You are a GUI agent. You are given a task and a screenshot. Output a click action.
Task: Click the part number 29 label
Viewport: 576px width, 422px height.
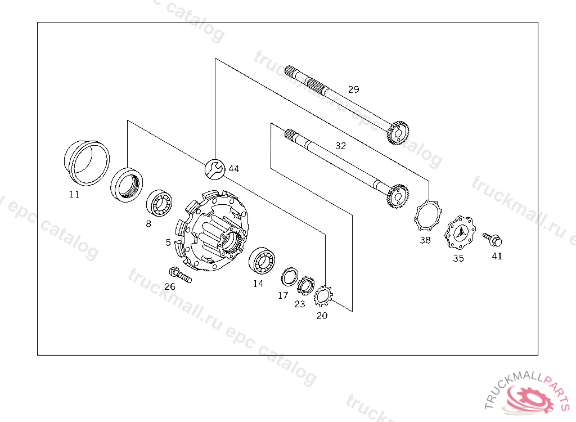[x=353, y=89]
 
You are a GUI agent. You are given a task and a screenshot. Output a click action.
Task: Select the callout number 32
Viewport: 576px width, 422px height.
[x=340, y=146]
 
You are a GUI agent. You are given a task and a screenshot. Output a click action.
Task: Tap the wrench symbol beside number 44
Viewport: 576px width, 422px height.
[x=215, y=169]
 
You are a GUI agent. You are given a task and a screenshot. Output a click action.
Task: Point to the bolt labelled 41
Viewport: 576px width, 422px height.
[x=493, y=239]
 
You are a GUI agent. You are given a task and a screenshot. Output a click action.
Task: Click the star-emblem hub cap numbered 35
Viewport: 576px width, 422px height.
[x=460, y=233]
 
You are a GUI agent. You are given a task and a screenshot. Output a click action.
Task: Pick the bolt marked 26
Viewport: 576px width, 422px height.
[x=180, y=275]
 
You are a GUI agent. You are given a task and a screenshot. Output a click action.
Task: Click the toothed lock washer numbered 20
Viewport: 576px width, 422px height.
[x=323, y=297]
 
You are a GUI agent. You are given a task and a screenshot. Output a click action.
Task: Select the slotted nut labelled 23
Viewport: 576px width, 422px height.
[x=305, y=285]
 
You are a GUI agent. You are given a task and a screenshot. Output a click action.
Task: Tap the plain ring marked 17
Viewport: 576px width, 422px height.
[x=290, y=277]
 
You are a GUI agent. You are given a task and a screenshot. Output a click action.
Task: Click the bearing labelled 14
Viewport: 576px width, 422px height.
[x=262, y=261]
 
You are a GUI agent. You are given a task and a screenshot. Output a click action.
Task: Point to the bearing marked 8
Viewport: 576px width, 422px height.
[x=159, y=203]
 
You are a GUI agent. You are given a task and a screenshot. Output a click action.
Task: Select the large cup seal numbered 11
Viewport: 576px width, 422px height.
[x=87, y=162]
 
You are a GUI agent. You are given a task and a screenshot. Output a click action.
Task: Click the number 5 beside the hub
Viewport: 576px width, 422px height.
[x=168, y=243]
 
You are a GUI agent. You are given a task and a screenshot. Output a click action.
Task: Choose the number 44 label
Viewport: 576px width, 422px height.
[x=233, y=169]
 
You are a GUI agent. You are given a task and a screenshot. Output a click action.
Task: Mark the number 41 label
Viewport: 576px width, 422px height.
[x=497, y=256]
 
